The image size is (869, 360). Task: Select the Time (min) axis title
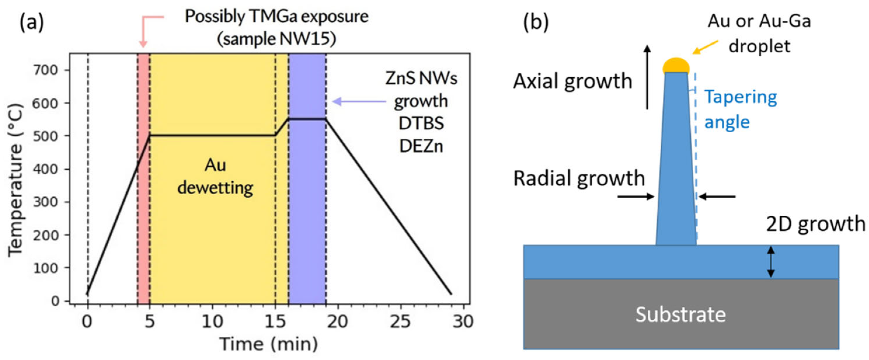point(269,344)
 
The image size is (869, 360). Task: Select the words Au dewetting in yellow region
point(215,176)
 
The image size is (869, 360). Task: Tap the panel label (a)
point(32,22)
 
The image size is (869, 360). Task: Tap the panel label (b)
point(536,22)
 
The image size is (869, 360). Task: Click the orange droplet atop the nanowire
point(676,65)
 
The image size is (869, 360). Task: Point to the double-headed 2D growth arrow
point(771,262)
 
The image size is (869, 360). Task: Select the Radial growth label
point(579,178)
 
